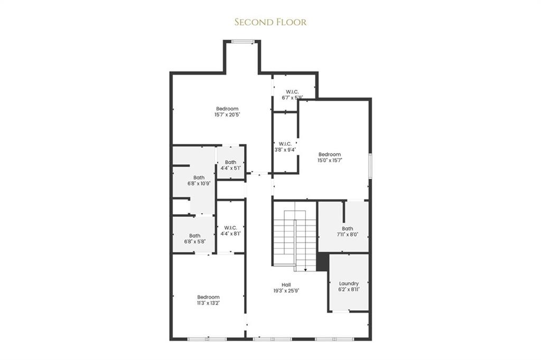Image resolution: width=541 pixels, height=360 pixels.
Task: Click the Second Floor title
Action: pyautogui.click(x=270, y=22)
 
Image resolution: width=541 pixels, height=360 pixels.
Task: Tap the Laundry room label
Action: pyautogui.click(x=349, y=283)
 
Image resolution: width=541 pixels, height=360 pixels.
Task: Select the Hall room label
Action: pyautogui.click(x=286, y=284)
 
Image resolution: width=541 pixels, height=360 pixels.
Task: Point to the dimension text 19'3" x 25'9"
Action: pyautogui.click(x=286, y=290)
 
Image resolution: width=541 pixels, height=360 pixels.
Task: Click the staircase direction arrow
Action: pyautogui.click(x=305, y=269)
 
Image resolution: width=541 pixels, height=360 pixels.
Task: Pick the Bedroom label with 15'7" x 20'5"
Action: pyautogui.click(x=227, y=108)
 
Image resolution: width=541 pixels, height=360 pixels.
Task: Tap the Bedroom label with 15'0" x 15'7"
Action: pyautogui.click(x=330, y=154)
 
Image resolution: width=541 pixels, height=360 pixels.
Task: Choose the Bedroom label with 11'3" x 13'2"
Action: pyautogui.click(x=208, y=297)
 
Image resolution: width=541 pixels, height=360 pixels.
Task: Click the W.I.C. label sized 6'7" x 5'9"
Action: pyautogui.click(x=293, y=91)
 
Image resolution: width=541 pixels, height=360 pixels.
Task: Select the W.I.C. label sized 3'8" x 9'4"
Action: pyautogui.click(x=285, y=143)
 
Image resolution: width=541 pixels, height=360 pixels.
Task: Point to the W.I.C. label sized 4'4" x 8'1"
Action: pyautogui.click(x=230, y=227)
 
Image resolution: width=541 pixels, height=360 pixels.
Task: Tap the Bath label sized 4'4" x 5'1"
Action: pyautogui.click(x=230, y=162)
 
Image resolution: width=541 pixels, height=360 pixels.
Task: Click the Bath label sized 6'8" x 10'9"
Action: pyautogui.click(x=199, y=178)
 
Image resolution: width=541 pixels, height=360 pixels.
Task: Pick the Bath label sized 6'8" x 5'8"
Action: pyautogui.click(x=195, y=236)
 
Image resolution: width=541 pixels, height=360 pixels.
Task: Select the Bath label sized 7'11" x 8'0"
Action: pyautogui.click(x=347, y=228)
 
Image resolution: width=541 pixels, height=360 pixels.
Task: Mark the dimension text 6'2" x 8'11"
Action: pyautogui.click(x=349, y=290)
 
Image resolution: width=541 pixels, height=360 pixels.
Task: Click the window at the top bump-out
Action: pyautogui.click(x=242, y=42)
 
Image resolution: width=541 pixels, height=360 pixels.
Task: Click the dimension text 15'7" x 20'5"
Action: pyautogui.click(x=227, y=114)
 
